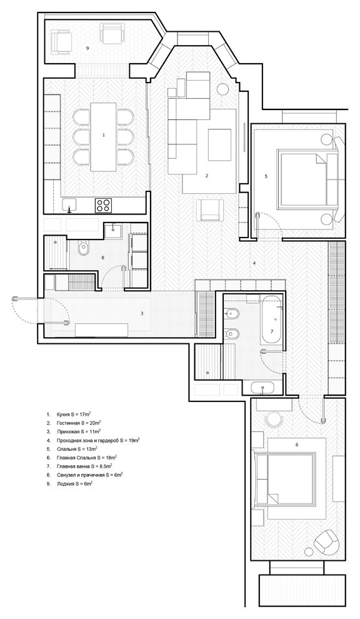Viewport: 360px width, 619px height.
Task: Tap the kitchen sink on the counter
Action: pos(70,205)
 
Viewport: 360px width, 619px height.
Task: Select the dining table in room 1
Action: pos(104,136)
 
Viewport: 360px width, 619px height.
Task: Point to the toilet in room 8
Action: pos(84,249)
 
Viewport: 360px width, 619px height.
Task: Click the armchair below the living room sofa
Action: pos(210,209)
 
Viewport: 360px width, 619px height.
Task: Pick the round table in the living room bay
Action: pos(223,89)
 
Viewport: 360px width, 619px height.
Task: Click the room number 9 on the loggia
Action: pos(87,48)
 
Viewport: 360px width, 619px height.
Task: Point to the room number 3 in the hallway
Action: pos(142,313)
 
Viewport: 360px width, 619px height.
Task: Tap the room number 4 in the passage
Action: pos(254,263)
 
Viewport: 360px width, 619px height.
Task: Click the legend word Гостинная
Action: pos(67,423)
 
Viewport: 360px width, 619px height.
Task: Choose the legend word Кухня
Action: pos(63,415)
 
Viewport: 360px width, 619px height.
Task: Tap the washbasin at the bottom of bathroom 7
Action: pos(262,388)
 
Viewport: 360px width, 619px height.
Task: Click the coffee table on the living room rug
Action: pos(219,144)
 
